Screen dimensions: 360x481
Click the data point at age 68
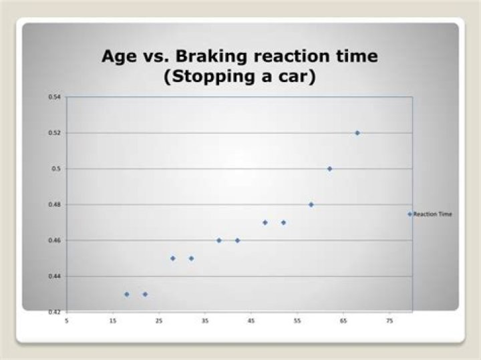point(357,133)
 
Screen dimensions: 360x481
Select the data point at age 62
point(329,169)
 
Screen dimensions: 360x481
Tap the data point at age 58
point(311,204)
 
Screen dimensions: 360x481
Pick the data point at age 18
point(126,294)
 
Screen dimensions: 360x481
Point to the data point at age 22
point(145,294)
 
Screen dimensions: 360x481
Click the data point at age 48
point(265,222)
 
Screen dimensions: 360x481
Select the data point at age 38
point(218,240)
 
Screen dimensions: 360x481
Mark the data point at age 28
point(172,258)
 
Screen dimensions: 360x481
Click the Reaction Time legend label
point(433,214)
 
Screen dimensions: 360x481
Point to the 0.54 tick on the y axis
point(54,98)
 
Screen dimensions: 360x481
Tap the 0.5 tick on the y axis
point(56,169)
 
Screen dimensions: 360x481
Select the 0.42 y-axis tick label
point(54,312)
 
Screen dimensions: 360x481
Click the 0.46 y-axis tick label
point(54,240)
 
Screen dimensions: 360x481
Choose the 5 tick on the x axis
point(66,320)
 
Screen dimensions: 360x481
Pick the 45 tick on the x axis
point(251,320)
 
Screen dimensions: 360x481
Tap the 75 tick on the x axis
point(389,320)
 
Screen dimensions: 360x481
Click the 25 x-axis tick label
point(159,320)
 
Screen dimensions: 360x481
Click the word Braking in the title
point(198,56)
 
